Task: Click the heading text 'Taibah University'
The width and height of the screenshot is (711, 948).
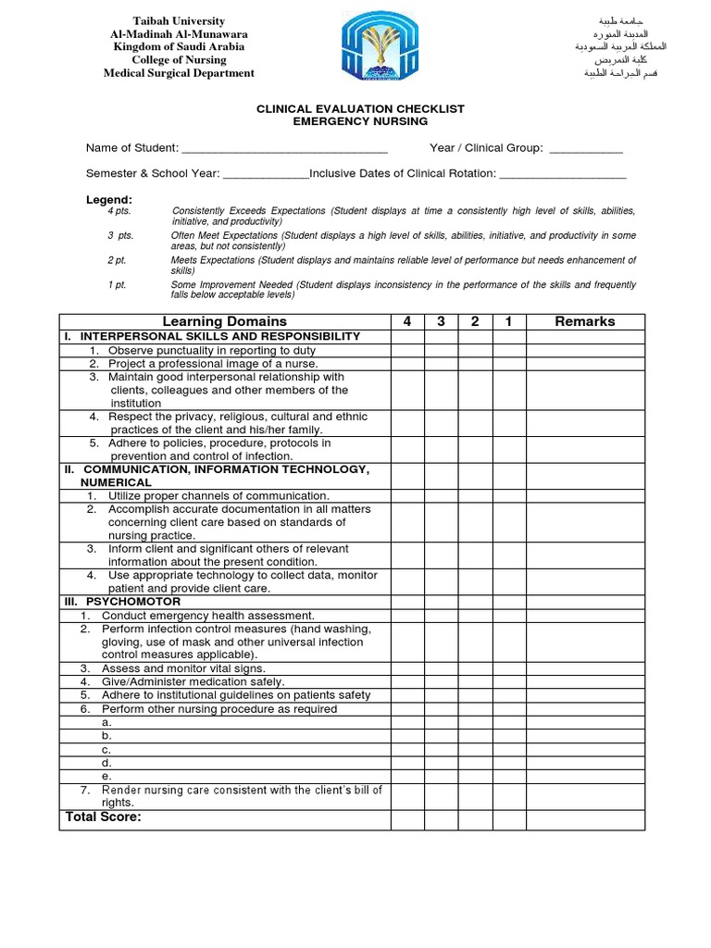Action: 179,21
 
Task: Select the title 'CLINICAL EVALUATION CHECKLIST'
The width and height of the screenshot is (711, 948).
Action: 360,109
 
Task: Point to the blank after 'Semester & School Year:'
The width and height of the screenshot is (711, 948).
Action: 266,174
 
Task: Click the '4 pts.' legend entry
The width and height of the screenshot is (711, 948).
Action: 119,212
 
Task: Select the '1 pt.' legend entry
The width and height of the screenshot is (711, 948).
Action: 116,285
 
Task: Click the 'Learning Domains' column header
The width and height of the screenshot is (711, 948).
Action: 224,321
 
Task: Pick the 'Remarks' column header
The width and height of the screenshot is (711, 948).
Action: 584,321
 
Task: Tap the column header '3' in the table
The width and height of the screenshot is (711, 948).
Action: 442,321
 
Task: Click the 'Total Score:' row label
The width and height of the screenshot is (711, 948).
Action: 103,817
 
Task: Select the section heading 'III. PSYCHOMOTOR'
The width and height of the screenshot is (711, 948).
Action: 122,602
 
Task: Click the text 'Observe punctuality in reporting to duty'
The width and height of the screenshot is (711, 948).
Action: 211,351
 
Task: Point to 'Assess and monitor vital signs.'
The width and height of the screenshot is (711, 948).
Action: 183,668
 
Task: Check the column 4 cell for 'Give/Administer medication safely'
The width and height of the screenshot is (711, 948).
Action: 407,682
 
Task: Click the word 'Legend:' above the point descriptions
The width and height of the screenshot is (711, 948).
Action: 109,199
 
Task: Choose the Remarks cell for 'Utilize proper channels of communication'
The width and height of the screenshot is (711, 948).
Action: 585,496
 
